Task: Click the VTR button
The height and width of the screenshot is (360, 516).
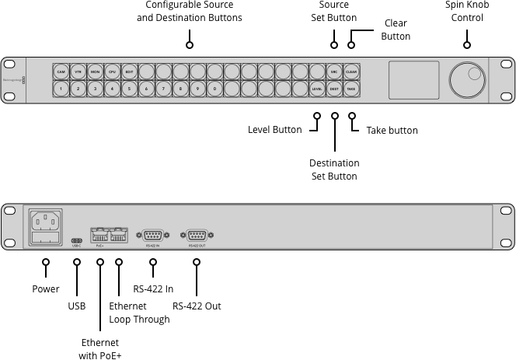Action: click(x=78, y=72)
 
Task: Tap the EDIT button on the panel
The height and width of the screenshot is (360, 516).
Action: click(x=129, y=72)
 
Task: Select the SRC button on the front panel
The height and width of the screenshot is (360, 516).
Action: click(x=334, y=72)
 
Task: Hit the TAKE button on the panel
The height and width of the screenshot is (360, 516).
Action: click(x=351, y=89)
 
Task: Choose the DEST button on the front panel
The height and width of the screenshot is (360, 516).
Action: click(x=334, y=89)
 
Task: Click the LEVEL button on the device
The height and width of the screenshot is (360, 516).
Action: click(x=317, y=89)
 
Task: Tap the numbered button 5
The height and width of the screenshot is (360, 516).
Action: click(x=129, y=89)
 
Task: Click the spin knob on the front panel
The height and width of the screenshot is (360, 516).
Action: click(x=466, y=80)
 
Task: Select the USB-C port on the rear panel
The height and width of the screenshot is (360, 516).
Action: click(x=76, y=240)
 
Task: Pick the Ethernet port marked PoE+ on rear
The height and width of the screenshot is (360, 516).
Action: click(x=100, y=233)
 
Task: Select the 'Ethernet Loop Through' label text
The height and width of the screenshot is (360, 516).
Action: click(x=139, y=313)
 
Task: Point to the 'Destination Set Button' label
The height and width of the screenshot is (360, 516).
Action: click(x=334, y=170)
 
